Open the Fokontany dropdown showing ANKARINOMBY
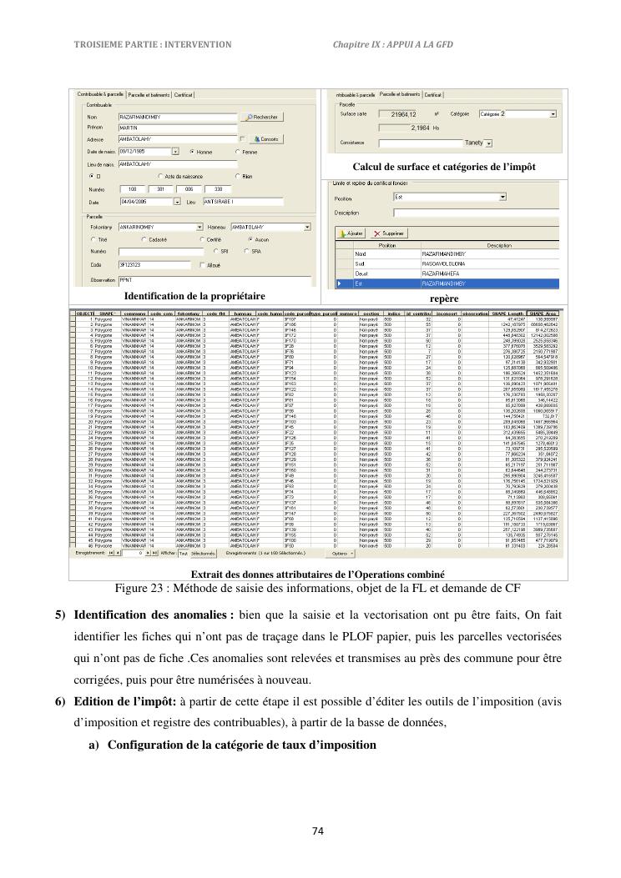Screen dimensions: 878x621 (x=199, y=227)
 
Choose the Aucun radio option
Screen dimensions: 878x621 (x=251, y=239)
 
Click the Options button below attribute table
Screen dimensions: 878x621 (x=341, y=552)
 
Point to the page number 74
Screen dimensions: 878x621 (x=317, y=830)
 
